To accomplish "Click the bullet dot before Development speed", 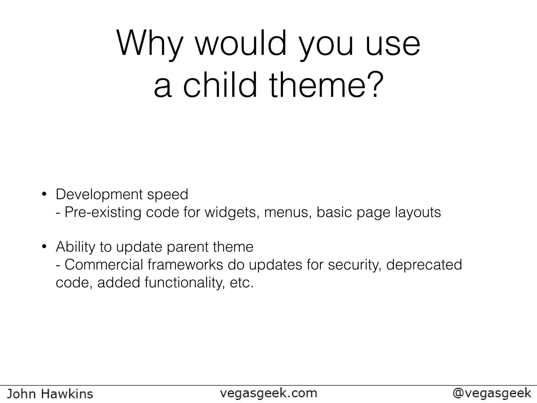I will click(x=44, y=195).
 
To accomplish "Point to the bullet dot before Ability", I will click(x=44, y=247).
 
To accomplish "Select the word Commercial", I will click(x=104, y=264).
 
